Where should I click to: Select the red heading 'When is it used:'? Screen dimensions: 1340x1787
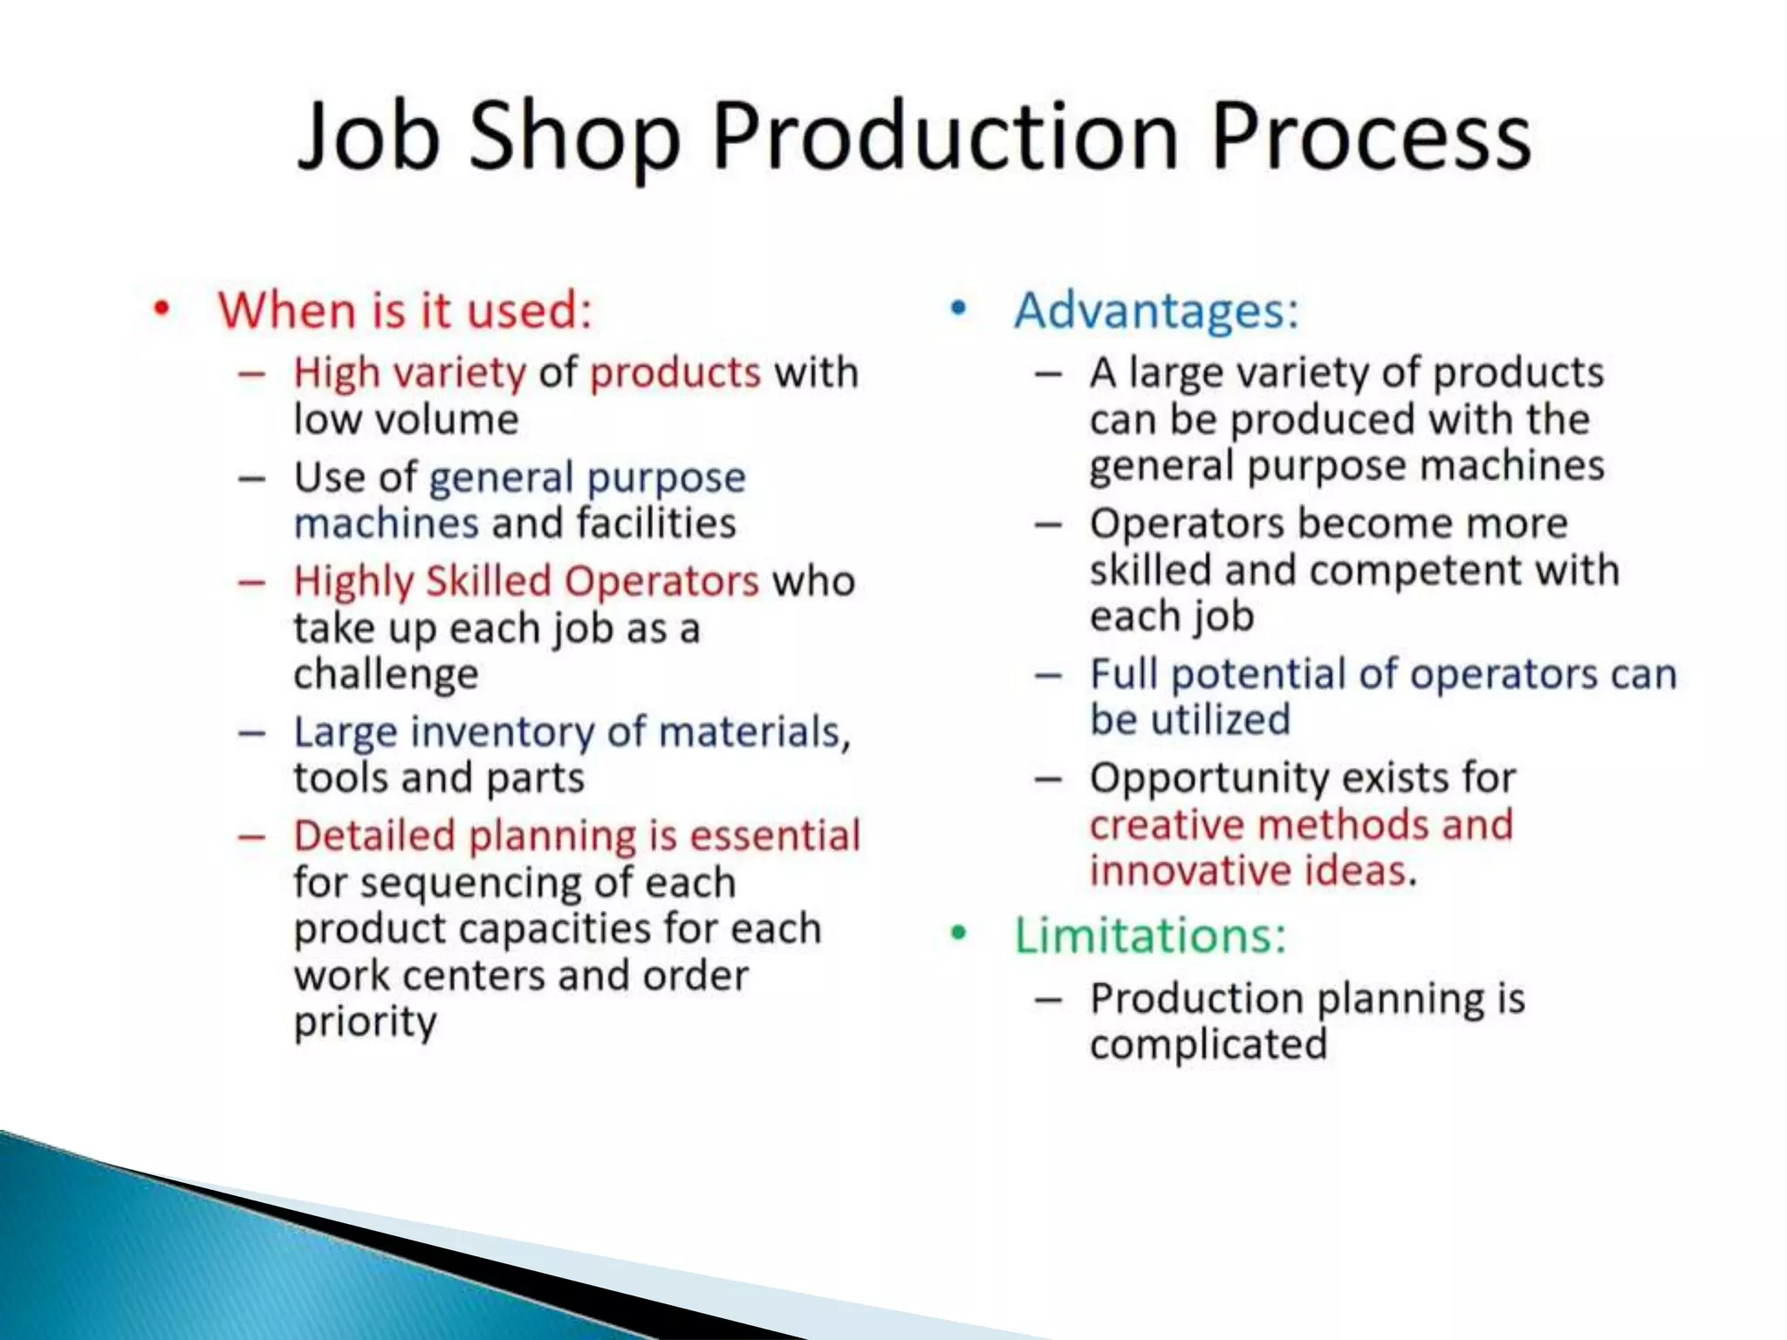click(x=405, y=310)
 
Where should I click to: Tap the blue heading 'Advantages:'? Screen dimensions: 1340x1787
click(x=1156, y=310)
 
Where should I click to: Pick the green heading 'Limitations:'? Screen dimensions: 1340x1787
click(x=1150, y=935)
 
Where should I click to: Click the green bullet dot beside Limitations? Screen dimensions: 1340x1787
click(x=959, y=933)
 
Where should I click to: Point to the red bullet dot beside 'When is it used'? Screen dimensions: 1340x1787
click(x=161, y=309)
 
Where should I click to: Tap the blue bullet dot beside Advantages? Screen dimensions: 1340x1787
click(x=959, y=308)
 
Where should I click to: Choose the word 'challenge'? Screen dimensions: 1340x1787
click(x=386, y=674)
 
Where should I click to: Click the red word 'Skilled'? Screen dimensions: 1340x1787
click(x=488, y=581)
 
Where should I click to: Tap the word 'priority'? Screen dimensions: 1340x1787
click(x=365, y=1022)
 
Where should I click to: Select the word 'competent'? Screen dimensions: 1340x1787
click(x=1416, y=571)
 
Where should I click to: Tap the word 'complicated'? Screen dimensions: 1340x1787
click(x=1208, y=1044)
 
